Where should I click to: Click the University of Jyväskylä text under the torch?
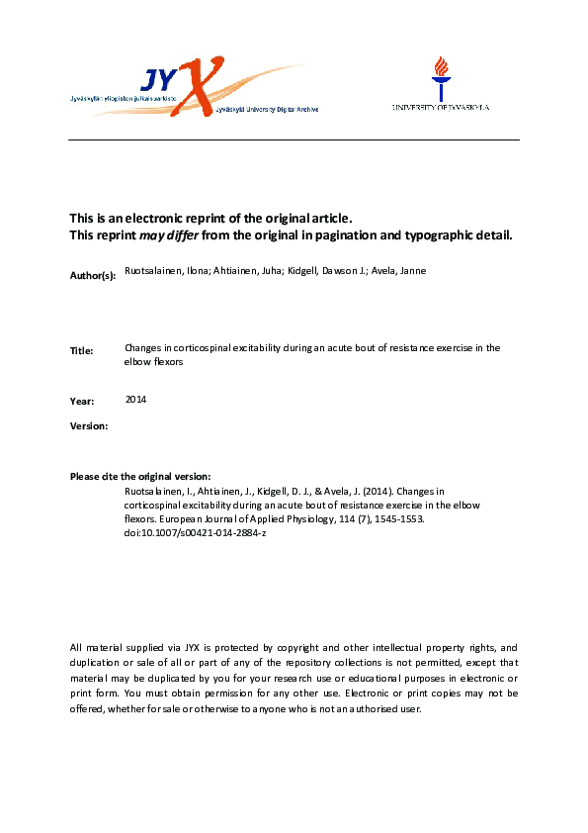[x=441, y=107]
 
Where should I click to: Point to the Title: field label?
[x=81, y=350]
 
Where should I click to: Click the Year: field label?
[x=82, y=401]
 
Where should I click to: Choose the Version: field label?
[x=89, y=425]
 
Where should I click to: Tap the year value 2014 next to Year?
[x=136, y=399]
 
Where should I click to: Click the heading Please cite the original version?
[x=140, y=477]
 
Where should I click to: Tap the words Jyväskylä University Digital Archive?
[x=264, y=111]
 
